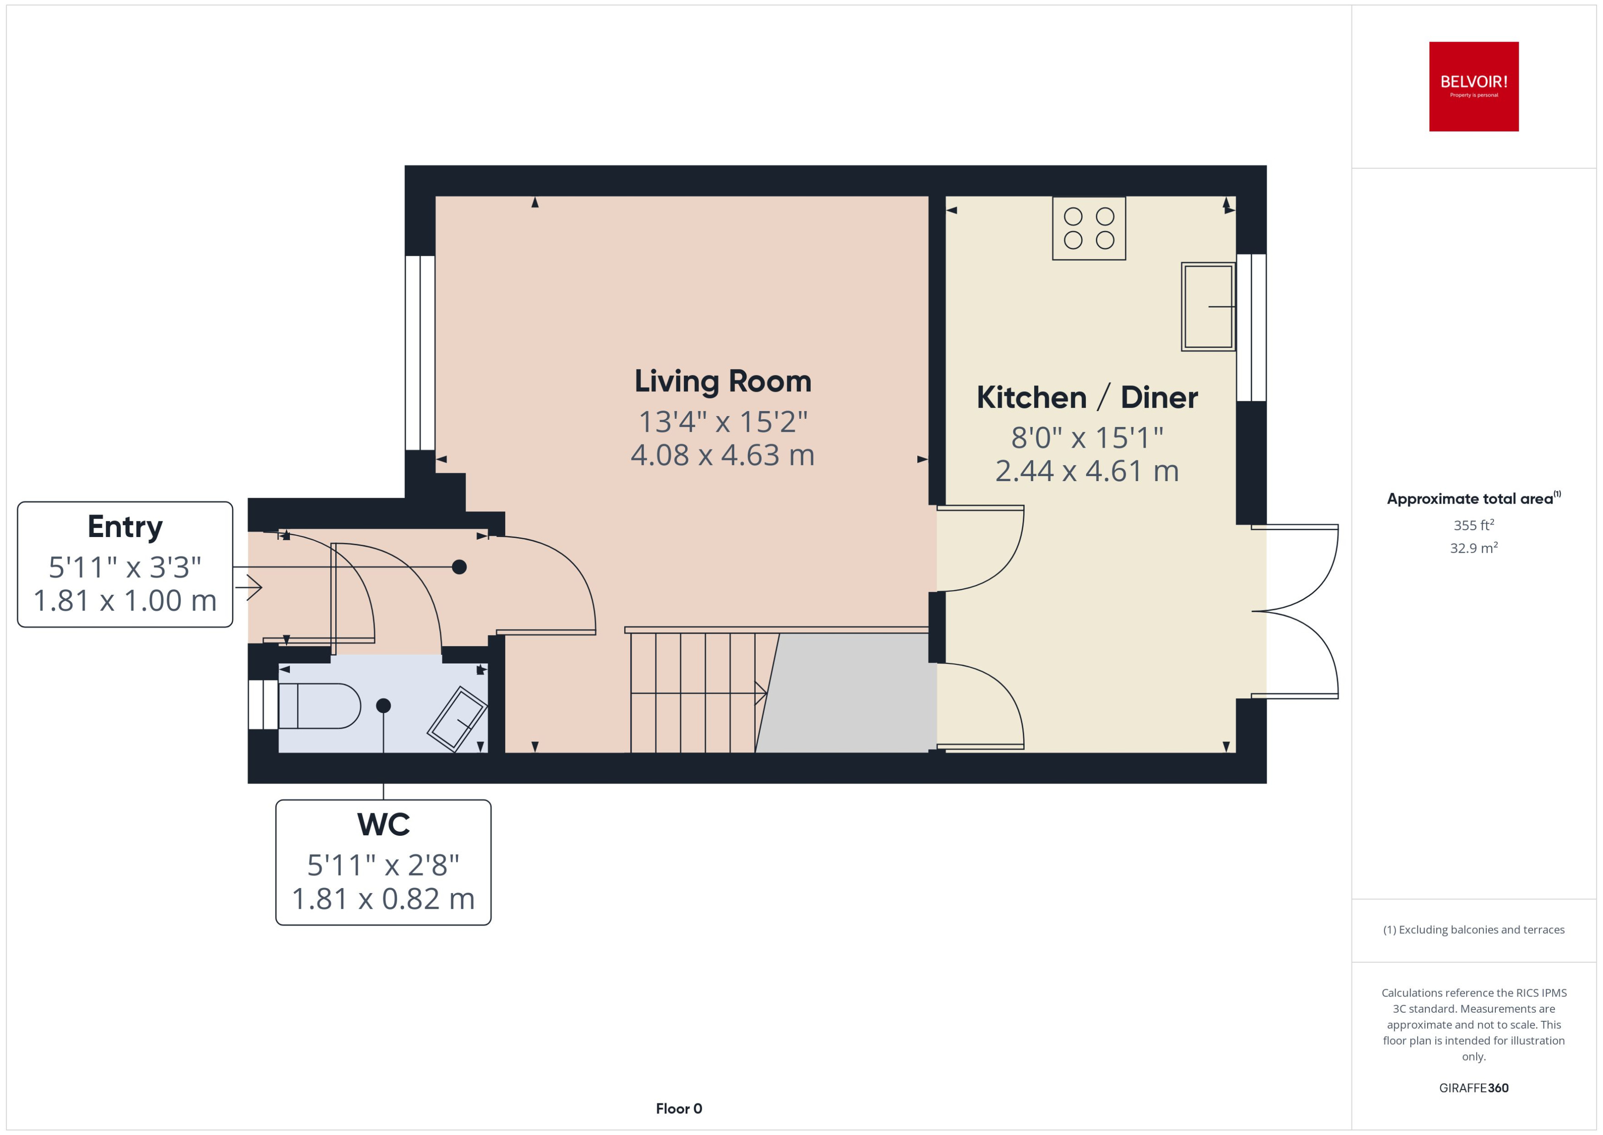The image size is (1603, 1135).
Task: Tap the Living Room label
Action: (722, 382)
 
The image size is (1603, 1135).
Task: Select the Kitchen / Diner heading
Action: (1087, 398)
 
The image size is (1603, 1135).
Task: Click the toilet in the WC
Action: (319, 706)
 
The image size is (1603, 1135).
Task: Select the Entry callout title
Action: (125, 527)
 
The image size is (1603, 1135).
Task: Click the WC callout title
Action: (383, 825)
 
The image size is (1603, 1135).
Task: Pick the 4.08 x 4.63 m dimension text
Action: (722, 455)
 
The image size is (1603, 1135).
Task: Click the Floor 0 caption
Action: (678, 1108)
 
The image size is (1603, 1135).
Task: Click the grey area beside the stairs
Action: (849, 692)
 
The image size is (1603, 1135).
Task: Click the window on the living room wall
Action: (420, 353)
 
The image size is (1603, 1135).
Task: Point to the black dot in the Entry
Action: (459, 567)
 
